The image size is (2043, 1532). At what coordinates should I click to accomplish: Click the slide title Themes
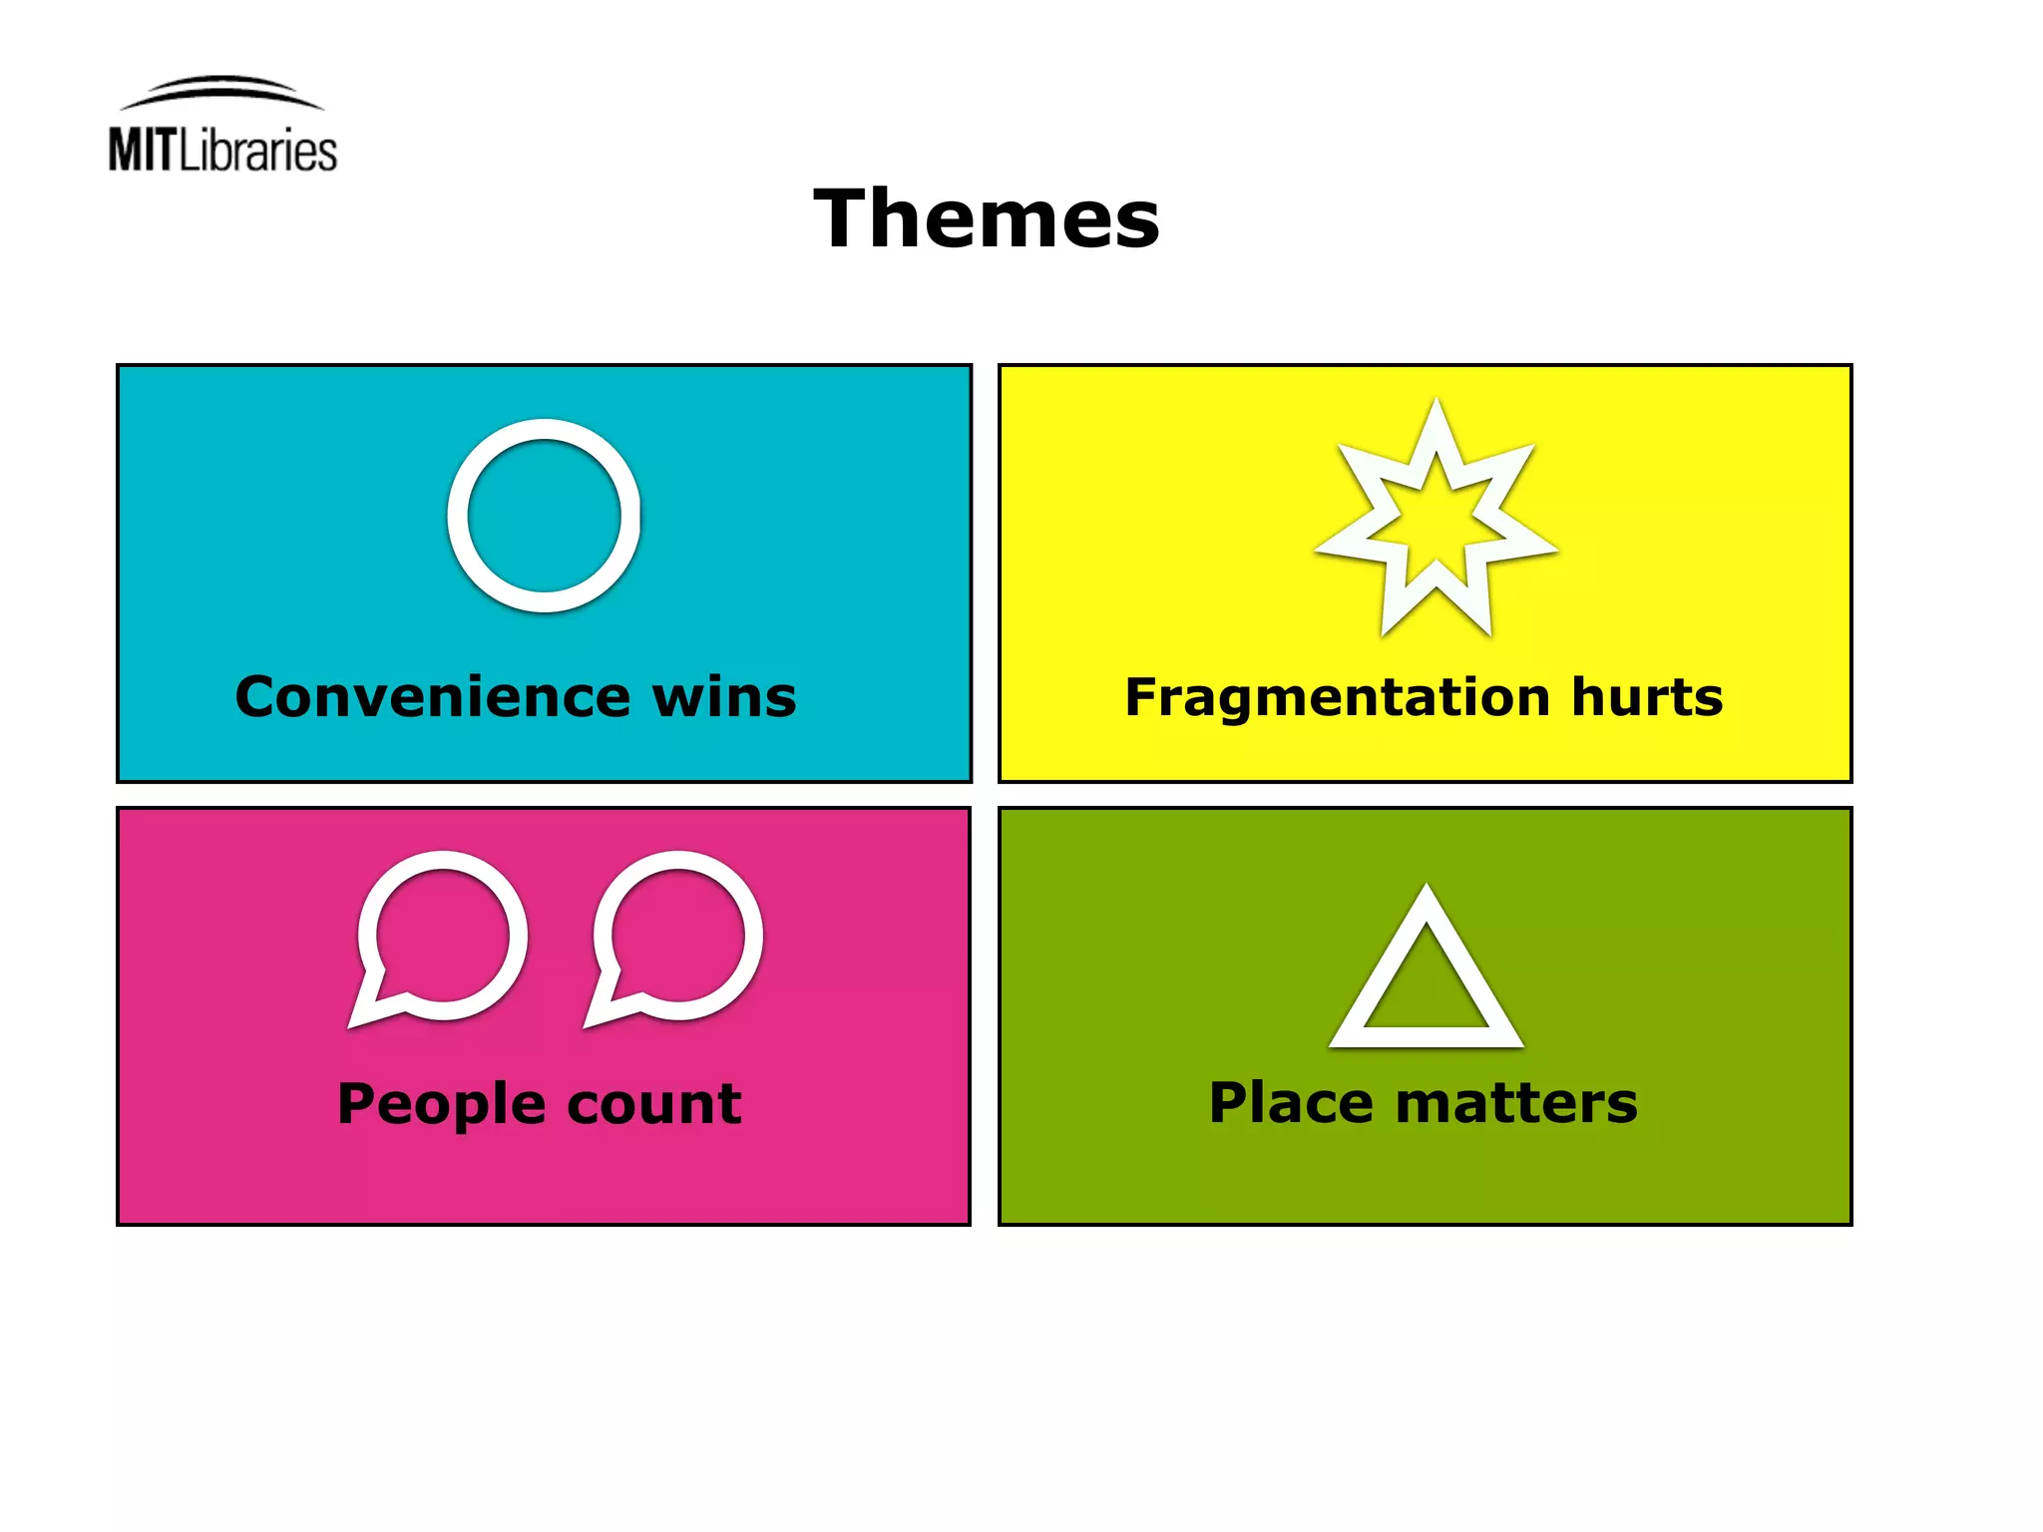coord(987,219)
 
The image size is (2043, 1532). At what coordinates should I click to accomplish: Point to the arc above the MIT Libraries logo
coord(221,88)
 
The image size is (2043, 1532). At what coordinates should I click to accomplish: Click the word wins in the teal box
coord(724,696)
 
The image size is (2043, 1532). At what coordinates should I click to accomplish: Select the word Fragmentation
coord(1338,696)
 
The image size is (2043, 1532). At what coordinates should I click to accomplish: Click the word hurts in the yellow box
coord(1647,696)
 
